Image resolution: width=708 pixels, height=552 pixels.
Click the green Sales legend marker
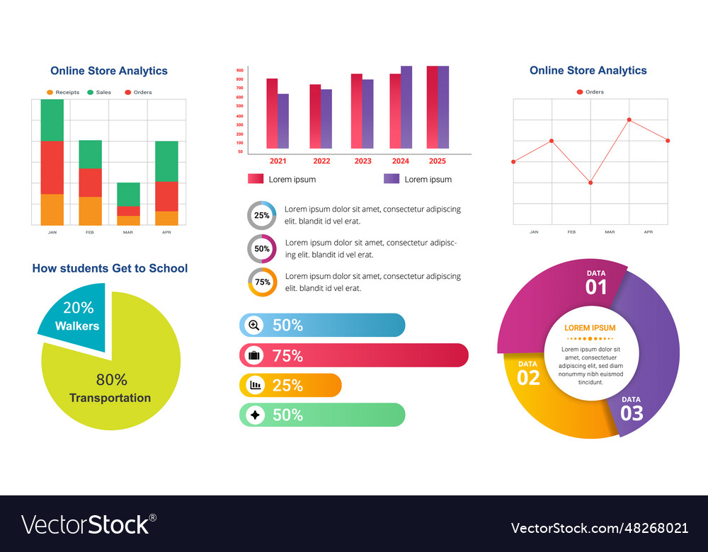click(x=90, y=93)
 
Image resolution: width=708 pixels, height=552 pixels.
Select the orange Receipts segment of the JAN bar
click(x=52, y=209)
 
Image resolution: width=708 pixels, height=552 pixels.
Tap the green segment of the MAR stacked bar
click(x=129, y=194)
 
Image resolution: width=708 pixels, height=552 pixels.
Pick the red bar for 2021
click(x=272, y=113)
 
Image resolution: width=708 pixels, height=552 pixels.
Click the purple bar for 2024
click(x=406, y=107)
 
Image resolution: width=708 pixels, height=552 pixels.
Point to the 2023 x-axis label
click(x=362, y=161)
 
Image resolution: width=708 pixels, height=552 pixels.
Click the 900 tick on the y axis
click(x=240, y=71)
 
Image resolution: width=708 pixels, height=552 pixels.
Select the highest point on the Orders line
click(x=629, y=120)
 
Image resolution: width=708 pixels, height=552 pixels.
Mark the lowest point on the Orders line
click(x=590, y=183)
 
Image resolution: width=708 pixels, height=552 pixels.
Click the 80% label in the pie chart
click(x=112, y=380)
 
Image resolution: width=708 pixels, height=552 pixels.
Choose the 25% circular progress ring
click(x=261, y=215)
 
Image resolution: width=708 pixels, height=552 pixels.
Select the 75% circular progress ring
click(x=262, y=282)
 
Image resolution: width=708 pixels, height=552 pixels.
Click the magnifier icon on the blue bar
click(x=253, y=326)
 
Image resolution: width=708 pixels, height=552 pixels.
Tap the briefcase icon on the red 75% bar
click(x=253, y=355)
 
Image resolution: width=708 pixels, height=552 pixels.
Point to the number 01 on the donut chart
click(x=596, y=287)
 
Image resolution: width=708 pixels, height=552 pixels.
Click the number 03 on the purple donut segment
click(x=632, y=413)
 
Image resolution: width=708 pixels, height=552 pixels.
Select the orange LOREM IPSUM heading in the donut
click(x=590, y=328)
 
